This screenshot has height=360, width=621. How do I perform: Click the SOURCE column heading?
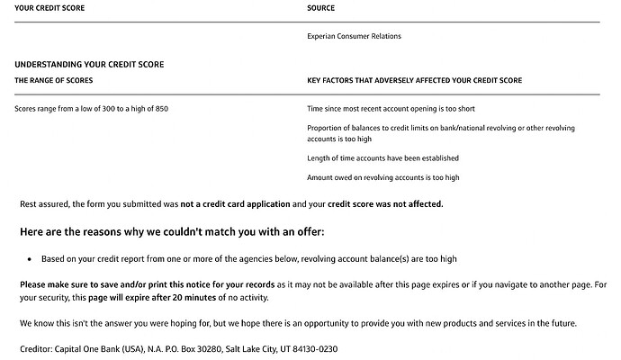pyautogui.click(x=320, y=8)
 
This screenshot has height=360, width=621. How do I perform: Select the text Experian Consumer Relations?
pyautogui.click(x=354, y=36)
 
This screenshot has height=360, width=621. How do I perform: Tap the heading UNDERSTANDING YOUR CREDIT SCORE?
pyautogui.click(x=89, y=65)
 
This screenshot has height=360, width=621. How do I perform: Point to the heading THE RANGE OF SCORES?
pyautogui.click(x=53, y=80)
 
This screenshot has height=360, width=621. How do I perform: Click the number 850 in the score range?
pyautogui.click(x=161, y=109)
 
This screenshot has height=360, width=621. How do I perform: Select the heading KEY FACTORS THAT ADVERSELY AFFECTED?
pyautogui.click(x=414, y=80)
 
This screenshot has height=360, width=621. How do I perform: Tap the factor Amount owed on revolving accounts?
pyautogui.click(x=382, y=178)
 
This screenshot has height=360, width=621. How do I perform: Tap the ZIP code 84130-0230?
pyautogui.click(x=311, y=347)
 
